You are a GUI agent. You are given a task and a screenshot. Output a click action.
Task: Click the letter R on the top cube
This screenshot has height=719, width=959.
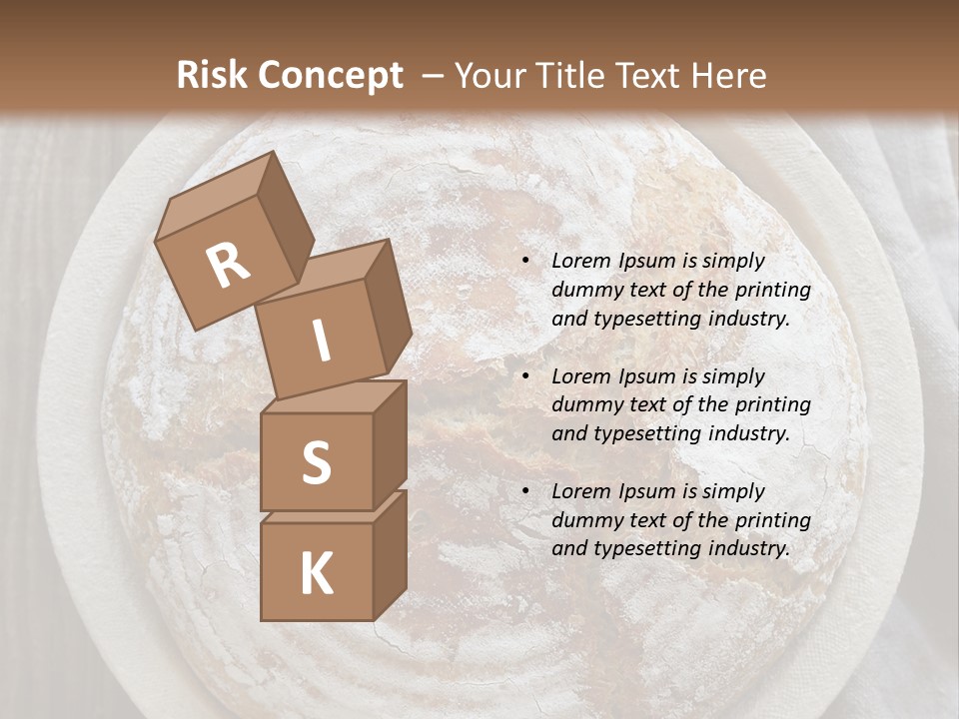[x=229, y=265]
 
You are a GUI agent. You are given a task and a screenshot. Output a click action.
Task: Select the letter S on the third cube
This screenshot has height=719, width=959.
[x=316, y=461]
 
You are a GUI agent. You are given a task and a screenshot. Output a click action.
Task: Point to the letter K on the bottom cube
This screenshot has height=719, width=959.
[x=316, y=573]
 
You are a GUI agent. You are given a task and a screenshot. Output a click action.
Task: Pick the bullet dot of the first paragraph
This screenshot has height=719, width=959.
[x=525, y=261]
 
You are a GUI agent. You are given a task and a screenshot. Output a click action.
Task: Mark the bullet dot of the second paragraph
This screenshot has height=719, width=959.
[x=525, y=376]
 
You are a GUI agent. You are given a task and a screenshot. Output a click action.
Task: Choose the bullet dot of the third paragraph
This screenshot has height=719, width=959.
[x=525, y=491]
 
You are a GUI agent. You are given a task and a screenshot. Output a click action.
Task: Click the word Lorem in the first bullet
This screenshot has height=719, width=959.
[x=580, y=261]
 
